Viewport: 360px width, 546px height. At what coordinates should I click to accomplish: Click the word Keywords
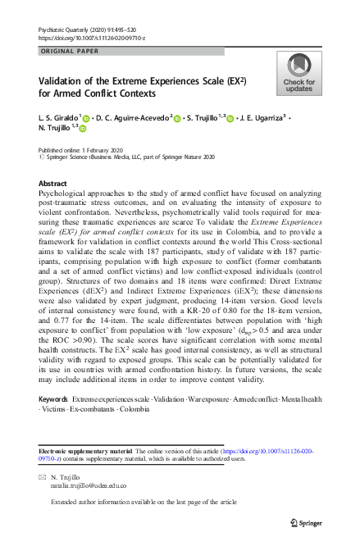point(53,398)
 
